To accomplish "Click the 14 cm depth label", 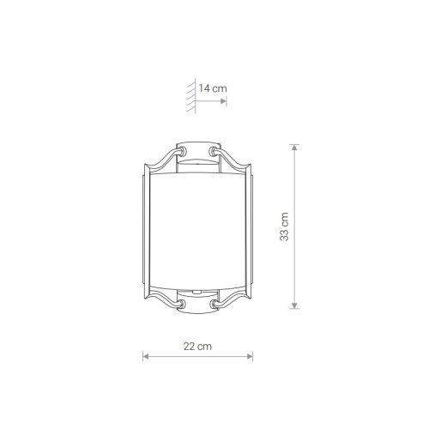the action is tap(213, 88).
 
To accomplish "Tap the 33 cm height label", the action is tap(285, 227).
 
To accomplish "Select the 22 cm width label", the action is tap(197, 347).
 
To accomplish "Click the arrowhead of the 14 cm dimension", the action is tap(223, 101).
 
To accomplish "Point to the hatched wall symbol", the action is tap(191, 96).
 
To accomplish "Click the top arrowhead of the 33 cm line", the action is tap(294, 148).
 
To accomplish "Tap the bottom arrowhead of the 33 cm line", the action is tap(294, 305).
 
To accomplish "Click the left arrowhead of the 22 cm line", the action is tap(146, 356).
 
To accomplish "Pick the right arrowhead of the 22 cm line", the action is tap(250, 356).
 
